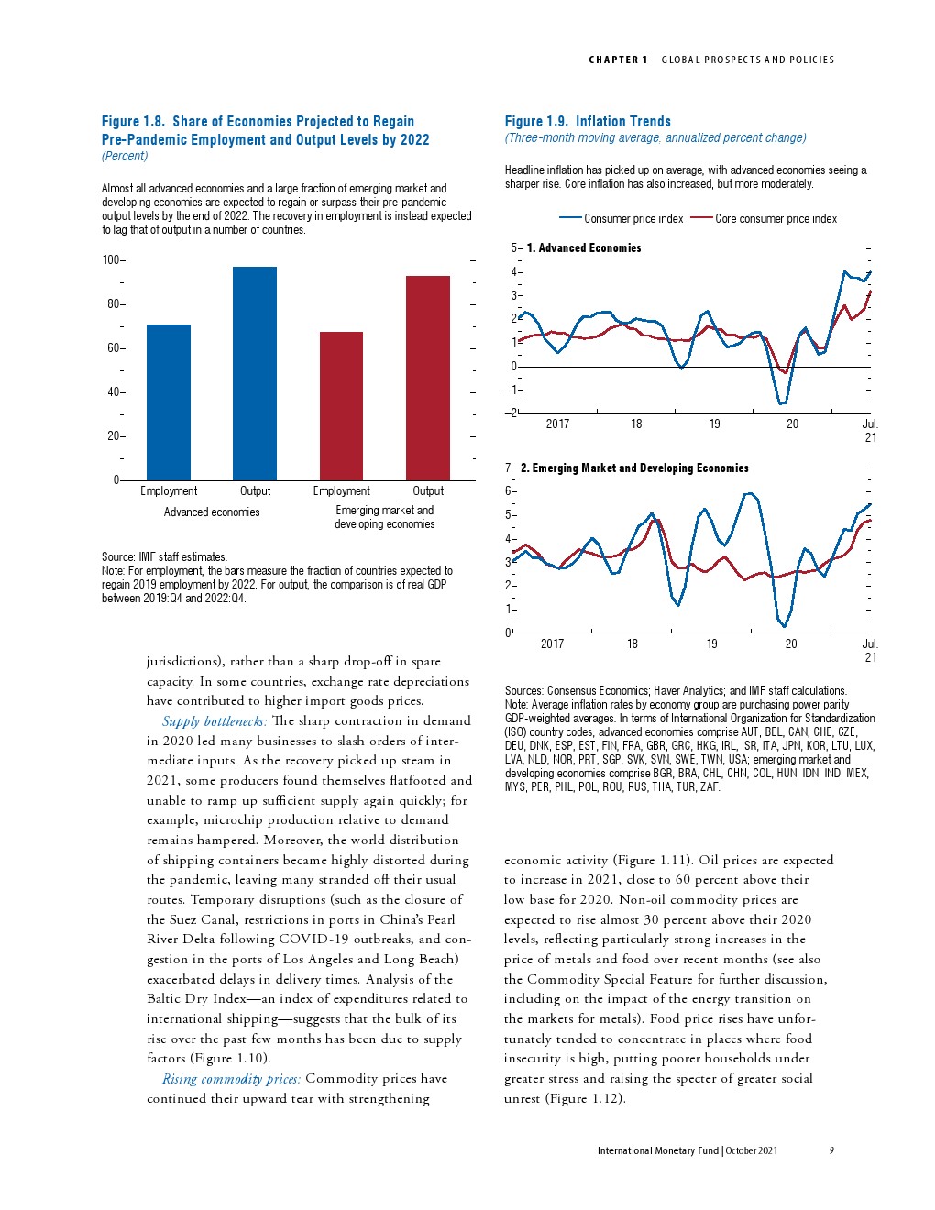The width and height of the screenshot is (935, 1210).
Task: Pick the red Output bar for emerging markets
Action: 428,378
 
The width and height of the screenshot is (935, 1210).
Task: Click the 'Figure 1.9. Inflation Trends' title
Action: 588,121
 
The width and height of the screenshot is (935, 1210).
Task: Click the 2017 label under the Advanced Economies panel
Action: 557,424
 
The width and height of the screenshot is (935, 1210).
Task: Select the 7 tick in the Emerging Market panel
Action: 509,468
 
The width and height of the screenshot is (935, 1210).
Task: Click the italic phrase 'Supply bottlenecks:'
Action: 214,721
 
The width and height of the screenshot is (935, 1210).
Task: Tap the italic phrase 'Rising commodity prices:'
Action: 231,1079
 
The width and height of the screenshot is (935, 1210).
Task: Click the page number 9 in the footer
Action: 831,1150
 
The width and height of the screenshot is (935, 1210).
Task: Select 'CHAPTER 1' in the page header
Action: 618,60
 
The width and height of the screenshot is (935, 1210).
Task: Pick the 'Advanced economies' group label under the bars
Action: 212,512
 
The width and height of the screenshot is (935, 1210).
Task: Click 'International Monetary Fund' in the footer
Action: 657,1150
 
